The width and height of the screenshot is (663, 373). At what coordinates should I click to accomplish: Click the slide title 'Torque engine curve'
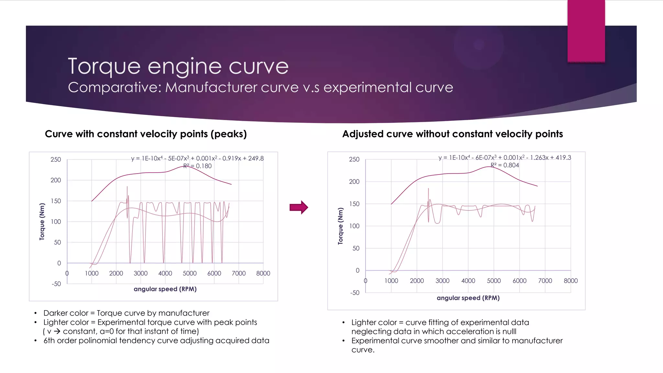click(178, 66)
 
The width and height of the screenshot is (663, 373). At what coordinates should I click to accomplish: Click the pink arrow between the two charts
click(298, 207)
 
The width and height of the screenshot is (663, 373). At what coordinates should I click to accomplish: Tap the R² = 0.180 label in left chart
click(197, 166)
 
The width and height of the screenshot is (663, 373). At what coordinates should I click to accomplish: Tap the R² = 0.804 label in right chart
click(505, 165)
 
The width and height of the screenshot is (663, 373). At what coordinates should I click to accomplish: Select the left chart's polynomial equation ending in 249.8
click(197, 158)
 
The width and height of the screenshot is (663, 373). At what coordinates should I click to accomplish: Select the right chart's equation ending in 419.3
click(505, 158)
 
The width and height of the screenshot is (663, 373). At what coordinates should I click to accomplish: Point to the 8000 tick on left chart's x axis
click(263, 273)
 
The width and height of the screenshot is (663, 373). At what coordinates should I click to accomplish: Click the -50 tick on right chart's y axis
click(354, 293)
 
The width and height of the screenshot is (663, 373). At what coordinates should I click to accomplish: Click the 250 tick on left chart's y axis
click(56, 159)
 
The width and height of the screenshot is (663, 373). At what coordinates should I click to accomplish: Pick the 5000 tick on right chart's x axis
click(494, 281)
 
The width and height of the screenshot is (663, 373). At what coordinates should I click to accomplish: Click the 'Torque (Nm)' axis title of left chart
click(42, 221)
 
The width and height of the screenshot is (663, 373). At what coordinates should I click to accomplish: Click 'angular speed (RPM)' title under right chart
click(468, 298)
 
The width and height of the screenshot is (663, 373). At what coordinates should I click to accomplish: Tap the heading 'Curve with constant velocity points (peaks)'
click(146, 134)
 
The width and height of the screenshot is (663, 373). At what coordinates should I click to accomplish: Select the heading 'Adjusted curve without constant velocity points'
click(452, 134)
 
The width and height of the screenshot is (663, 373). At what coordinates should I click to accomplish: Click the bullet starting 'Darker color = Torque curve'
click(126, 313)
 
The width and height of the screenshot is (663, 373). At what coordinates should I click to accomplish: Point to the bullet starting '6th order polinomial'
click(156, 341)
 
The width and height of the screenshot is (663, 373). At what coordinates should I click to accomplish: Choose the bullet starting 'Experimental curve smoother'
click(457, 341)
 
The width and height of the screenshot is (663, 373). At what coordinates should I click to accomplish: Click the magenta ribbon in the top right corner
click(586, 31)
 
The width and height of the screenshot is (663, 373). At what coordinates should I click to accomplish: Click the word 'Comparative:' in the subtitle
click(114, 87)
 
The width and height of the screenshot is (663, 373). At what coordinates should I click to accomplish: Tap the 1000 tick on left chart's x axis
click(92, 273)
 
